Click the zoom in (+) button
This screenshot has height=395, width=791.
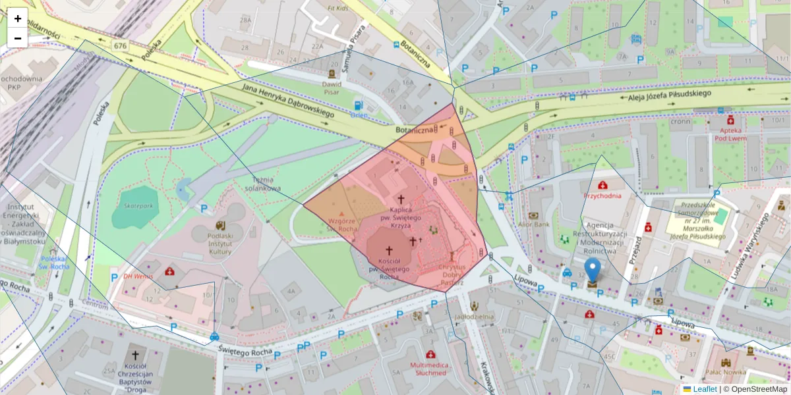point(18,18)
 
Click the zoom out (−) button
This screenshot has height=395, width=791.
point(18,38)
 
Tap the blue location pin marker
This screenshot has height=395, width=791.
point(593,271)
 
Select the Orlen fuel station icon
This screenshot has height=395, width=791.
point(358,105)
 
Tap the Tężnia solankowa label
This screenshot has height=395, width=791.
point(267,183)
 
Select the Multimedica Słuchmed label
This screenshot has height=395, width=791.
point(428,368)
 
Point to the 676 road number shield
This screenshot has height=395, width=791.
point(120,46)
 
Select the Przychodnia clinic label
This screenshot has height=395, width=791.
point(602,196)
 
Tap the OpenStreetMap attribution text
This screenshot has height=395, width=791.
point(755,389)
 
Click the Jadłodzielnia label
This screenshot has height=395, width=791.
point(475,316)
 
